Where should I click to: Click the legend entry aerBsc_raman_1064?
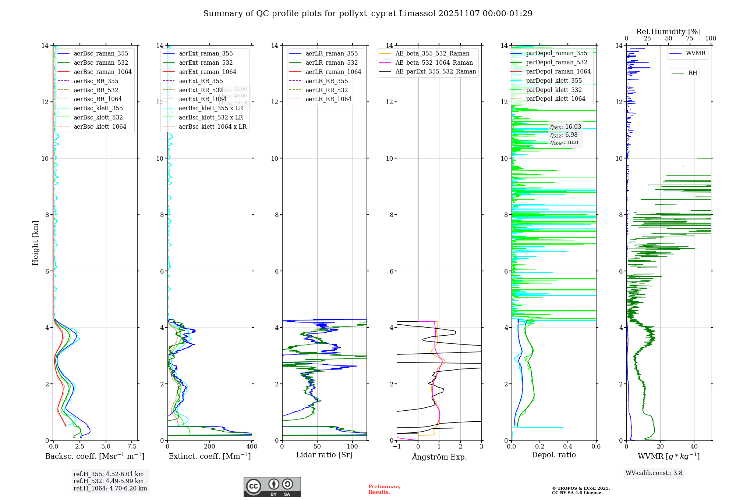tap(102, 72)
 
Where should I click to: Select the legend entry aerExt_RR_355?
tap(201, 81)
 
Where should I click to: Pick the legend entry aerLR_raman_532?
tap(331, 63)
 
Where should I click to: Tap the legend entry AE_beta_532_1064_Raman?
tap(434, 63)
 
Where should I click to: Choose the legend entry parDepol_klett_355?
tap(554, 81)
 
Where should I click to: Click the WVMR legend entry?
tap(695, 53)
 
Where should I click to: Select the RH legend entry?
tap(692, 73)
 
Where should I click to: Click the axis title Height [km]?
tap(35, 243)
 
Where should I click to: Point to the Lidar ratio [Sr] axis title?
tap(324, 455)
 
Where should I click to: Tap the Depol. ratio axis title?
tap(553, 455)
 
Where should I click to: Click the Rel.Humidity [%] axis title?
tap(668, 32)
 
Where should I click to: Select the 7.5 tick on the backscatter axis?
tap(132, 446)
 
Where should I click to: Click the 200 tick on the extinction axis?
tap(209, 446)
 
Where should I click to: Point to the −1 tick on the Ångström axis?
tap(397, 446)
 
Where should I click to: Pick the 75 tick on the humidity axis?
tap(689, 38)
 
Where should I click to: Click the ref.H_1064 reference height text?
tap(110, 488)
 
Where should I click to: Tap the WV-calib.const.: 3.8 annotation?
tap(654, 473)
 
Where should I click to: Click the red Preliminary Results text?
tap(384, 489)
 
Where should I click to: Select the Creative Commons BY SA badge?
tap(272, 487)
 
